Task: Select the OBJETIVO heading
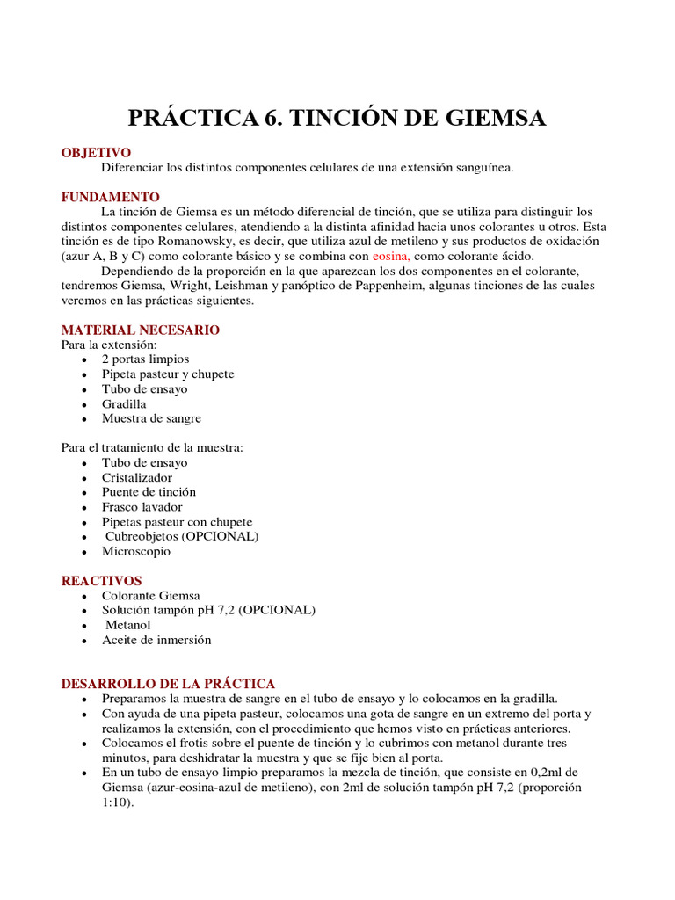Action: coord(96,153)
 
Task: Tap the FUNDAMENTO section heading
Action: coord(110,197)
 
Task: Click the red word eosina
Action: coord(390,256)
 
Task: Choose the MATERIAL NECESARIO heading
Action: coord(140,330)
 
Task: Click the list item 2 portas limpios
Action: coord(145,359)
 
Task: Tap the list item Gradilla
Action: coord(124,404)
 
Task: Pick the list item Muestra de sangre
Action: coord(151,419)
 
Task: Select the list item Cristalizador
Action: coord(137,478)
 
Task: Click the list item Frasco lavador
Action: coord(142,507)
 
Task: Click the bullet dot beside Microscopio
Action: coord(83,553)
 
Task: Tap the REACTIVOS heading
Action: coord(101,581)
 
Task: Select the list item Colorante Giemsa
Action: coord(150,596)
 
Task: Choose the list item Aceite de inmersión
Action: coord(156,641)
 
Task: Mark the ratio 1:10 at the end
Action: coord(115,802)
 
